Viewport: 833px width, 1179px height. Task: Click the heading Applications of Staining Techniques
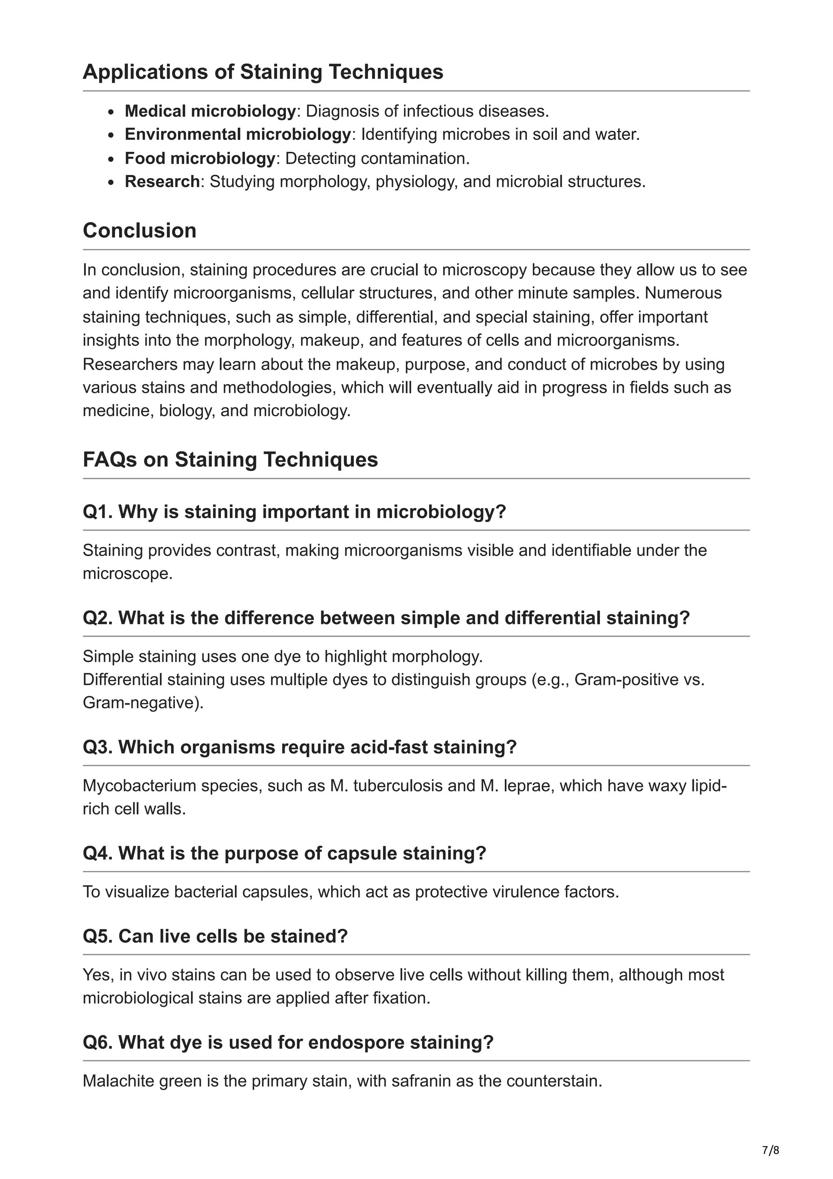pyautogui.click(x=263, y=72)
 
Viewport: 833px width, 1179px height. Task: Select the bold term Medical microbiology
pyautogui.click(x=210, y=111)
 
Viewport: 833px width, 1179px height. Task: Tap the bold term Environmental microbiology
pyautogui.click(x=238, y=135)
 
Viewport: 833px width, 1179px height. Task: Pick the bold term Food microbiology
pyautogui.click(x=200, y=158)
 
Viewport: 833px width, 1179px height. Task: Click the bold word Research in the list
pyautogui.click(x=161, y=182)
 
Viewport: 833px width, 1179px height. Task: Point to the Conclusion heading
pyautogui.click(x=140, y=231)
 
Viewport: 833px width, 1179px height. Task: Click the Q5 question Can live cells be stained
pyautogui.click(x=215, y=936)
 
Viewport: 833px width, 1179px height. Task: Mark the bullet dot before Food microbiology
pyautogui.click(x=111, y=159)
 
